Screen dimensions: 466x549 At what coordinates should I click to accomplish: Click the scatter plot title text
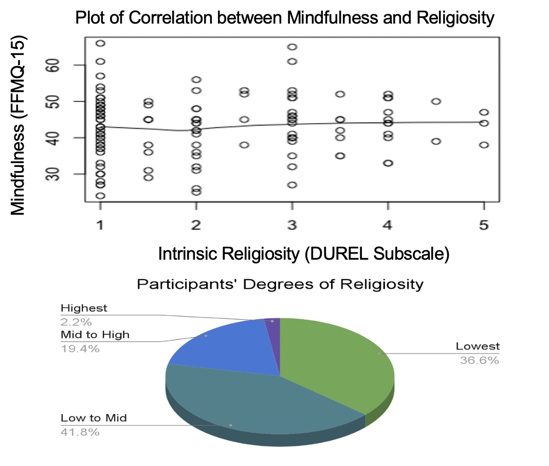285,18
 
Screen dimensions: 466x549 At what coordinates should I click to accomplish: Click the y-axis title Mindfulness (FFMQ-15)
19,125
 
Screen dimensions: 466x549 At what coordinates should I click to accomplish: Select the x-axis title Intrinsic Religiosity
303,254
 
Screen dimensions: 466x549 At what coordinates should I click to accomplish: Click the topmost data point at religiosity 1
100,44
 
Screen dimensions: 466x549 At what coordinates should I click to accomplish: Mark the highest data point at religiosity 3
292,47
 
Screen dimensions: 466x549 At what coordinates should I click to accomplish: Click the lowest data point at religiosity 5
484,145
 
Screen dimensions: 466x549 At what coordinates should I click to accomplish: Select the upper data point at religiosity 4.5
436,101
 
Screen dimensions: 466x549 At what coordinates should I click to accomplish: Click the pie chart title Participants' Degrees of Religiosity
280,284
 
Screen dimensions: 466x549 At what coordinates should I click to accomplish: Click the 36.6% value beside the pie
479,360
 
